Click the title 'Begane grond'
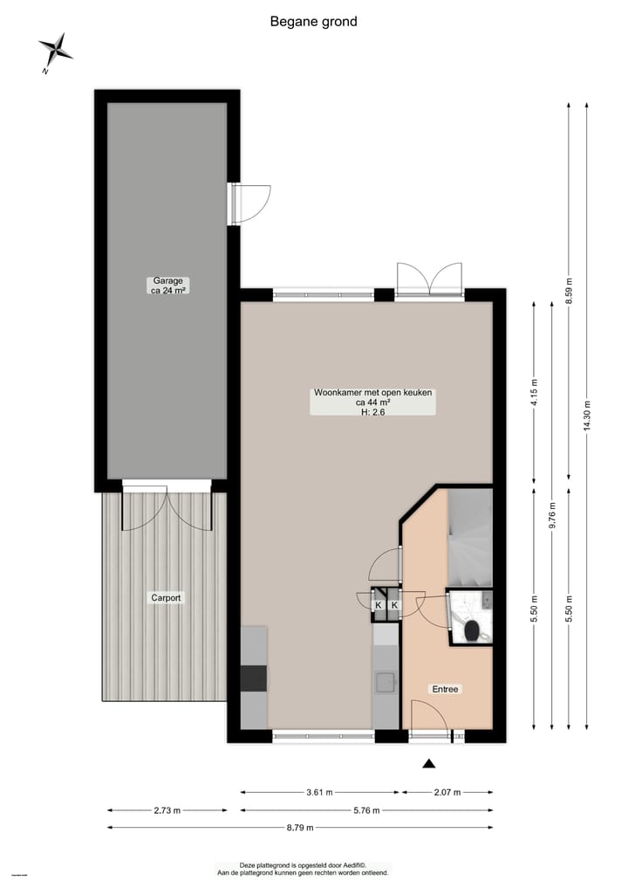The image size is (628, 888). (313, 22)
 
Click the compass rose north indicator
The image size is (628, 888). (56, 50)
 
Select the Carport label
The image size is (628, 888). (166, 598)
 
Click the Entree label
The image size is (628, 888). (445, 689)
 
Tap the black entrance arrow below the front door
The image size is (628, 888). (428, 765)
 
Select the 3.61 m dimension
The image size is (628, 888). (320, 793)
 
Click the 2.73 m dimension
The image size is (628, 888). (166, 810)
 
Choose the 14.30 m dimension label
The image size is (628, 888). (587, 416)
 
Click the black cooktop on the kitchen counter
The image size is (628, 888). (254, 678)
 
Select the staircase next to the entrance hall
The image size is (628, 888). (470, 537)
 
